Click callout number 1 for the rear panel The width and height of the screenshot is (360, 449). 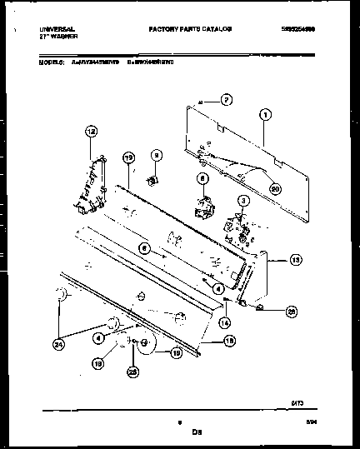click(x=265, y=114)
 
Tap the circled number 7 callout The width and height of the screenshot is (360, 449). click(x=225, y=100)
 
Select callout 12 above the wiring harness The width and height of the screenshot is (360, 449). click(x=91, y=130)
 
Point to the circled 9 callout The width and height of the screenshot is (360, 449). click(x=155, y=154)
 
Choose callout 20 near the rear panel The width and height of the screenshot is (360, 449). click(x=276, y=188)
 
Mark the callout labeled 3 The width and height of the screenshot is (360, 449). click(x=243, y=200)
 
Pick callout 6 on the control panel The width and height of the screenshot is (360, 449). click(x=144, y=247)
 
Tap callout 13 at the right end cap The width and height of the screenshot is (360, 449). click(x=295, y=260)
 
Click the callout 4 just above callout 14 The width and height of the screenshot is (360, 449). click(x=218, y=288)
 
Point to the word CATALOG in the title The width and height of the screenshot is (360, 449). click(x=214, y=28)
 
